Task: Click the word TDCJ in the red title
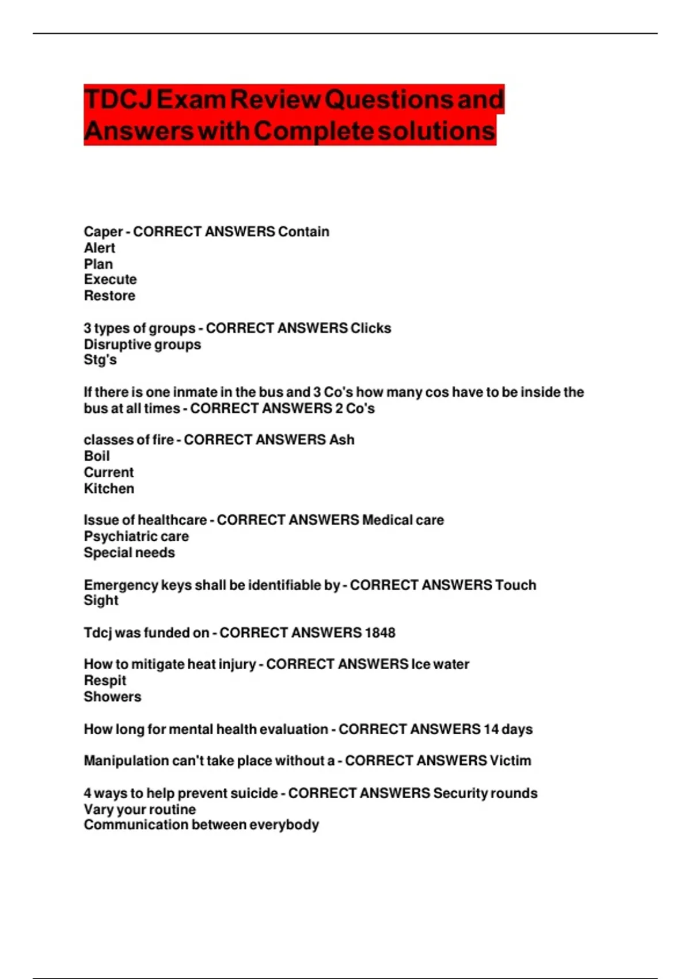click(119, 100)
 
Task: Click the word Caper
click(103, 232)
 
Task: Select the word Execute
click(110, 280)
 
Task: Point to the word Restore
click(109, 296)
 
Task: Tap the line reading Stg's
click(100, 360)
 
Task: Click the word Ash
click(341, 440)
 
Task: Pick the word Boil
click(97, 456)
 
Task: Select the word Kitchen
click(109, 489)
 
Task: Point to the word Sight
click(101, 601)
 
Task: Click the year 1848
click(380, 633)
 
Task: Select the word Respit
click(105, 681)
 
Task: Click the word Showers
click(112, 697)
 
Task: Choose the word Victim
click(510, 761)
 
